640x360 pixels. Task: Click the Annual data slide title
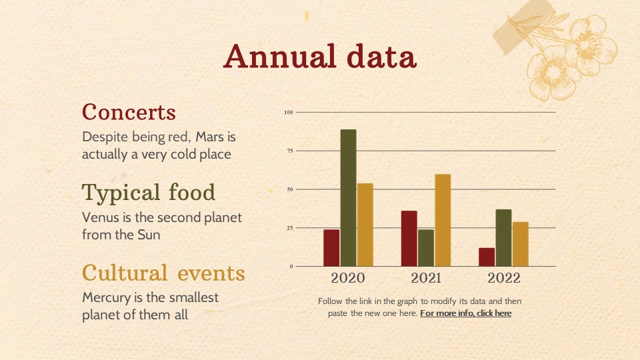click(x=320, y=56)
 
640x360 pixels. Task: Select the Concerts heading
click(x=129, y=112)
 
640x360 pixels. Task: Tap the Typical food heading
click(x=149, y=193)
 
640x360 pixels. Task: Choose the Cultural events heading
click(x=163, y=273)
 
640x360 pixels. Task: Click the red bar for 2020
click(x=331, y=248)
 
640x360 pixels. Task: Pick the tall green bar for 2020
click(x=348, y=198)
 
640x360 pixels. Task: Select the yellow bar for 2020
click(x=365, y=225)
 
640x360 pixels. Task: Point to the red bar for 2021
click(x=409, y=239)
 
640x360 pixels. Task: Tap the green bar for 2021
click(x=426, y=248)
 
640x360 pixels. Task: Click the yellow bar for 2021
click(x=443, y=221)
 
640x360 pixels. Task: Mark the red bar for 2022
click(x=487, y=257)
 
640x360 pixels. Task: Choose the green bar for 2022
click(x=504, y=238)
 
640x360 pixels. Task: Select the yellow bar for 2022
click(x=521, y=244)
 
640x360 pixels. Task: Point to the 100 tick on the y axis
click(x=289, y=112)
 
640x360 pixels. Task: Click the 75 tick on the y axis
click(x=290, y=151)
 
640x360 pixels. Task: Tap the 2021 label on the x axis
click(x=426, y=278)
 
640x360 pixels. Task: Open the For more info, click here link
click(x=466, y=313)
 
